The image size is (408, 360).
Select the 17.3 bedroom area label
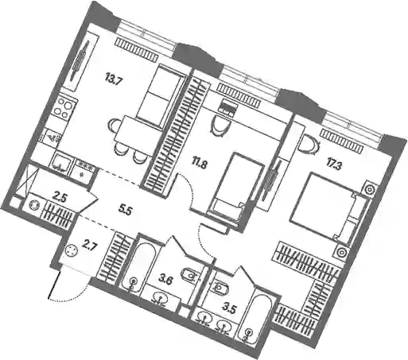[x=334, y=166]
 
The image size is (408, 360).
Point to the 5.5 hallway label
[x=125, y=211]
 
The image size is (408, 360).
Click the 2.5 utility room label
[x=59, y=198]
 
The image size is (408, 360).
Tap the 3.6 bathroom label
[x=165, y=280]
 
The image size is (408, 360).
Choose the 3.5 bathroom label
[x=229, y=309]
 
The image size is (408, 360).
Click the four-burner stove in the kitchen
[x=64, y=108]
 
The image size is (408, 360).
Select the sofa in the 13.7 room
[x=161, y=96]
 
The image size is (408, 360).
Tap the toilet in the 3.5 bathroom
[x=220, y=287]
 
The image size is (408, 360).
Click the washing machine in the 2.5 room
[x=34, y=205]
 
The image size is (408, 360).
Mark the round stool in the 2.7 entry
[x=72, y=250]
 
